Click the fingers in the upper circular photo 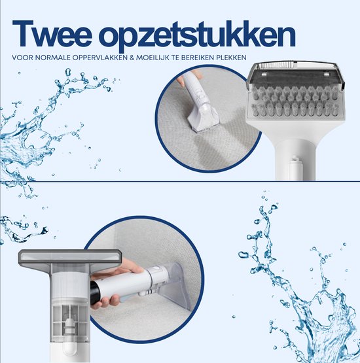(195, 77)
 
